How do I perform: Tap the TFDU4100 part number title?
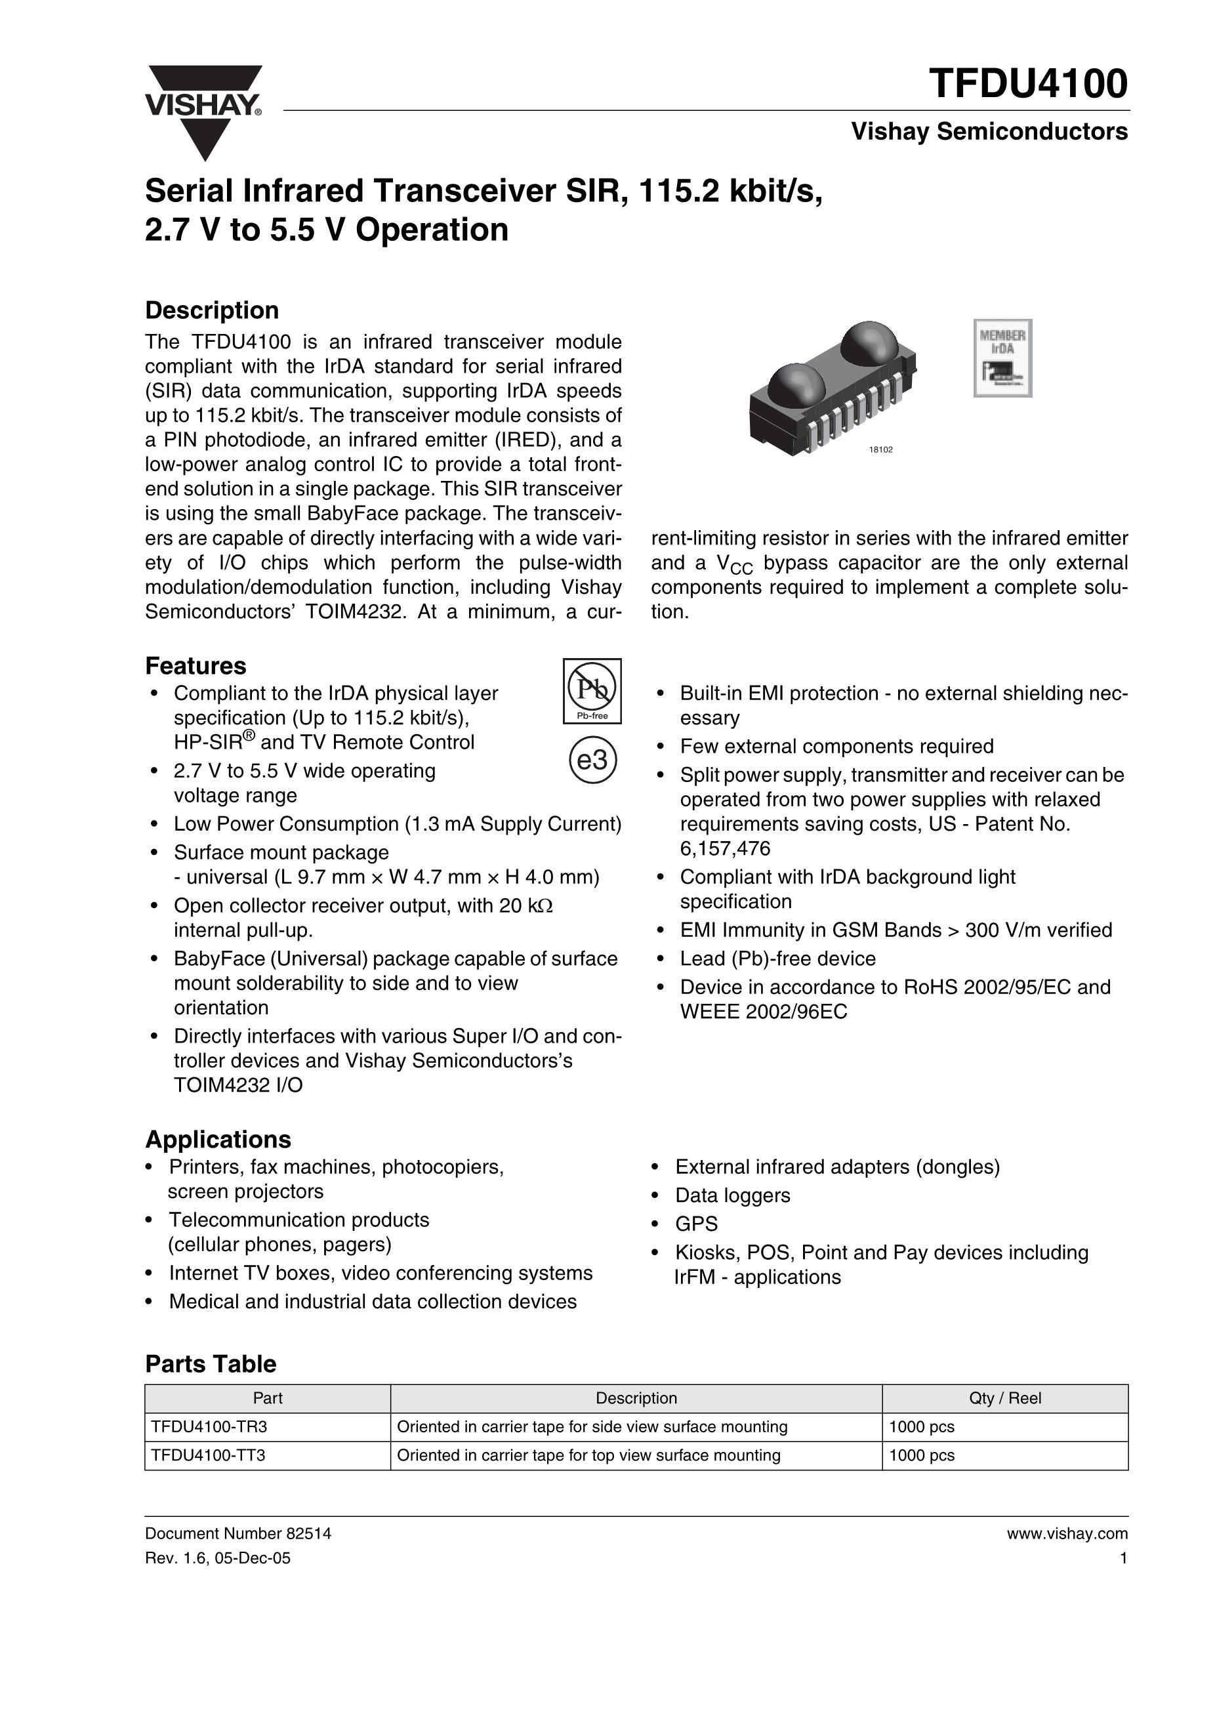pos(1028,83)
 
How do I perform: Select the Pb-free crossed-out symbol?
pos(592,690)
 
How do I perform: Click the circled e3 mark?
pos(593,760)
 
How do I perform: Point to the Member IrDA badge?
pos(1002,358)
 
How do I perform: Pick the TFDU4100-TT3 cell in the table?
pos(208,1455)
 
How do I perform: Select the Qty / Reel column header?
pos(1004,1398)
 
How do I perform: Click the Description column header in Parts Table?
pos(636,1398)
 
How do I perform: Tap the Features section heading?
pos(196,665)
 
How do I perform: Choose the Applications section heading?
pos(218,1139)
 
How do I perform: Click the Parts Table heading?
pos(211,1363)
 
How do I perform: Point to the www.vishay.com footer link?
pos(1067,1533)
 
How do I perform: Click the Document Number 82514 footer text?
pos(237,1533)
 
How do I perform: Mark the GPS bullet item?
pos(696,1224)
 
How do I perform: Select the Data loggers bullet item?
pos(732,1195)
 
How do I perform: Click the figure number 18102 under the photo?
pos(880,450)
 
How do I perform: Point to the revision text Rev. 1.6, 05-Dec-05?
pos(218,1558)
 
